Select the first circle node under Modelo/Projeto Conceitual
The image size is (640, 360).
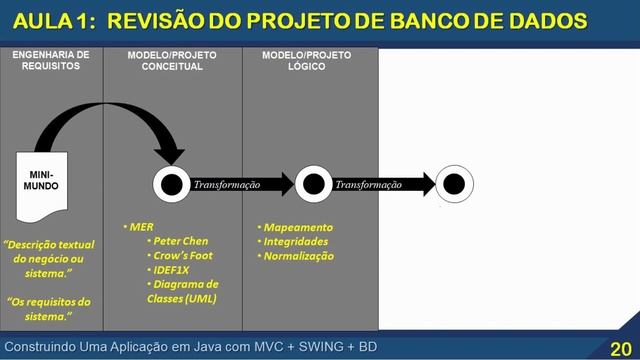click(x=171, y=184)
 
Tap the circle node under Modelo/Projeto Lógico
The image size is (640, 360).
click(x=313, y=184)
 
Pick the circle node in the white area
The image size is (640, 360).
click(x=454, y=184)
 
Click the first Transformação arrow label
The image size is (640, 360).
click(x=226, y=185)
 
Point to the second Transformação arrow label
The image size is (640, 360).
click(x=368, y=185)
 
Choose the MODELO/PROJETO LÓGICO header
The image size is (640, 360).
click(x=308, y=60)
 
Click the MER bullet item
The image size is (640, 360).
click(x=140, y=227)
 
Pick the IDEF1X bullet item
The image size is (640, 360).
click(x=174, y=269)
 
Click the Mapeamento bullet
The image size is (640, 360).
click(x=298, y=227)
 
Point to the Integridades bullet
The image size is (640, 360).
click(x=299, y=241)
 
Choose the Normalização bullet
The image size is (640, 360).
click(x=301, y=256)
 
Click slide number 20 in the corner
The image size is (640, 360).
click(x=619, y=348)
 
